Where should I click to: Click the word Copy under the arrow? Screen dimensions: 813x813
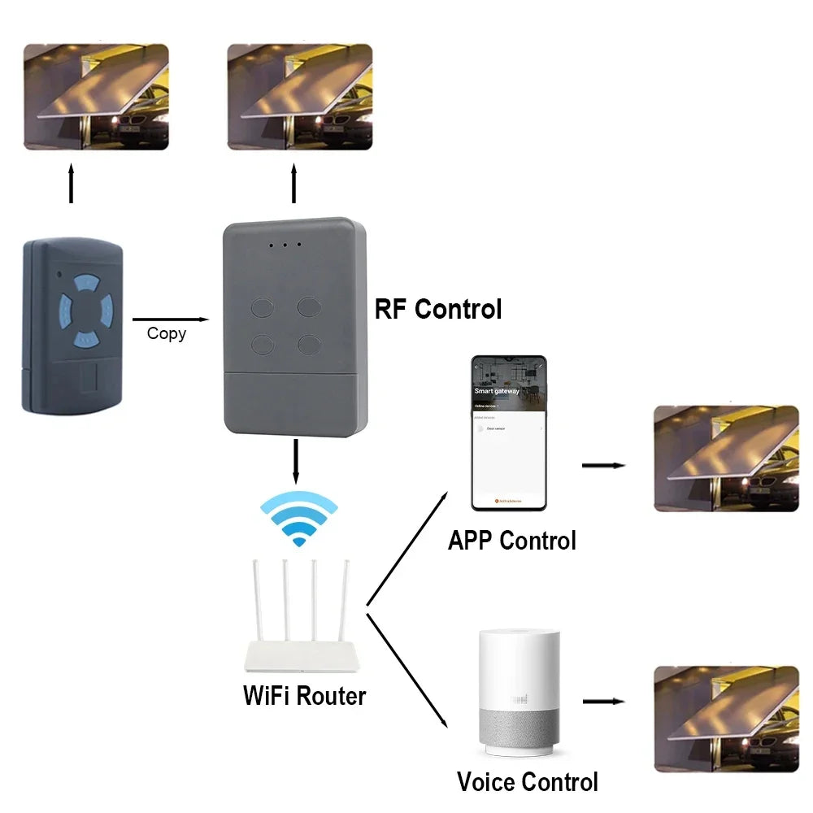point(166,333)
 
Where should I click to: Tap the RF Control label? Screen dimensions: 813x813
point(437,310)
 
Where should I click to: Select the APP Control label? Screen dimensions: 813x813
point(511,541)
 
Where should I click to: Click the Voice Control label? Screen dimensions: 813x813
point(527,782)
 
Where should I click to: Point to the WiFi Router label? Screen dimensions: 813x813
point(304,696)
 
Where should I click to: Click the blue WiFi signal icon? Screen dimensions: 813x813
point(298,520)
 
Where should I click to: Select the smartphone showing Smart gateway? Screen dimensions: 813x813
point(509,433)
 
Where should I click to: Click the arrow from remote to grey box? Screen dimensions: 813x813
point(170,320)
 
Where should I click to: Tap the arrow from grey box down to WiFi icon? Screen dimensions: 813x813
point(296,461)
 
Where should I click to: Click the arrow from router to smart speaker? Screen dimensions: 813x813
point(408,670)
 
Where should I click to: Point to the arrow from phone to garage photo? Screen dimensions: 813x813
point(603,466)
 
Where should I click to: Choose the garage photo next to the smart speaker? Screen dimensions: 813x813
point(726,718)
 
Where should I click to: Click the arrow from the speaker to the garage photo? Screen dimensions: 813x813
point(603,701)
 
